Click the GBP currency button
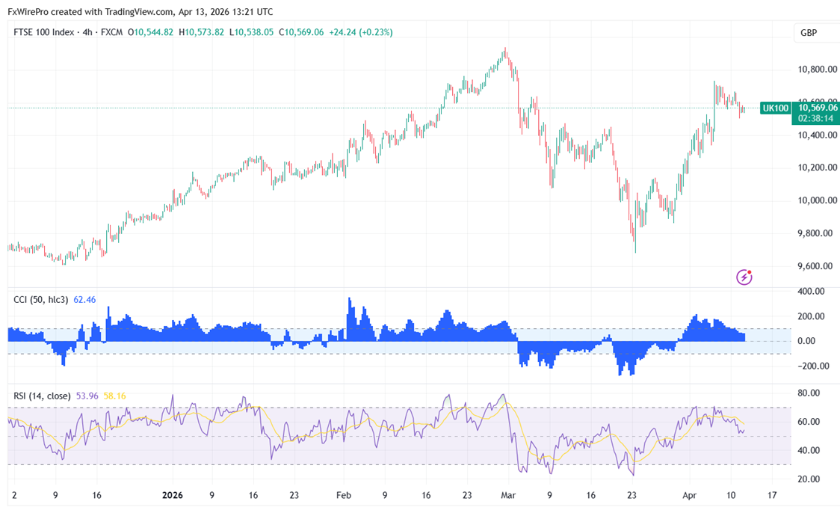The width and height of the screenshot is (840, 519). [x=808, y=33]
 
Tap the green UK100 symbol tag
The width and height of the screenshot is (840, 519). [x=775, y=108]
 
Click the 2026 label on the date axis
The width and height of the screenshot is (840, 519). [x=173, y=495]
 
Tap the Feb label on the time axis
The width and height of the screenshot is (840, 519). [x=343, y=495]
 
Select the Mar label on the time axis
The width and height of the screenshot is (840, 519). [x=509, y=495]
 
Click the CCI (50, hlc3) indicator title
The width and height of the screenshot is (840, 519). [x=41, y=300]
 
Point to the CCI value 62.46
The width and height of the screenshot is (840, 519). [x=84, y=300]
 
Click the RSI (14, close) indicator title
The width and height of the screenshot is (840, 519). [x=42, y=396]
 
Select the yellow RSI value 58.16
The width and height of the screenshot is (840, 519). [x=114, y=396]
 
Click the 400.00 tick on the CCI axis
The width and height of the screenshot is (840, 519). [x=810, y=291]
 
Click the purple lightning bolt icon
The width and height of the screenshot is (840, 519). [x=744, y=277]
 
